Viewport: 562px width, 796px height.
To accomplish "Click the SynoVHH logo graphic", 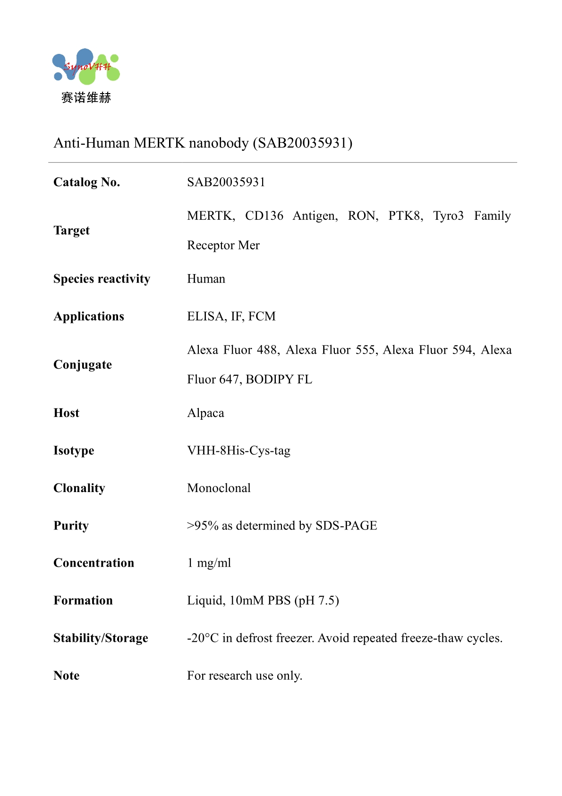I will coord(86,67).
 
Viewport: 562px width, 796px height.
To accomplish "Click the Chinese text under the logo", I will coord(86,98).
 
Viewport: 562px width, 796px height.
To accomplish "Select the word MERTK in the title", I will coord(159,143).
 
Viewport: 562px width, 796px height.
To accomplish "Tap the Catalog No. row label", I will coord(87,182).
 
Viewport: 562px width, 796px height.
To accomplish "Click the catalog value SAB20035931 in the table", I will coord(226,182).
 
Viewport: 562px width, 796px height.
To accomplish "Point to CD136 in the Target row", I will coord(264,216).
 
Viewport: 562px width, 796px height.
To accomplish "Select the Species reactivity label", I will coord(102,279).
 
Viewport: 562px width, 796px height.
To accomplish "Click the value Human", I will coord(206,279).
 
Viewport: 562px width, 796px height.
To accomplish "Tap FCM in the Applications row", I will coord(262,316).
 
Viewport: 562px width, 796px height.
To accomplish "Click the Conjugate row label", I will coord(83,364).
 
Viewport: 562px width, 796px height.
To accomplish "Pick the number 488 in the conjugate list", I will coord(268,350).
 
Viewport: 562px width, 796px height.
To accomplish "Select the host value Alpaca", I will coord(205,413).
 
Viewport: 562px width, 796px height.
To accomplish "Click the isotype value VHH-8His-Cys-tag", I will coord(238,450).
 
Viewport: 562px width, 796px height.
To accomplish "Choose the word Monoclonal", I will coord(219,488).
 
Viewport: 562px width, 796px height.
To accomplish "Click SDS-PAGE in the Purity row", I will coord(346,526).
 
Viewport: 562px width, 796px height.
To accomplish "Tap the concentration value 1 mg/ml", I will coord(209,563).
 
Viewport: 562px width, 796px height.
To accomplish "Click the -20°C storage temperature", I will coord(203,638).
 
